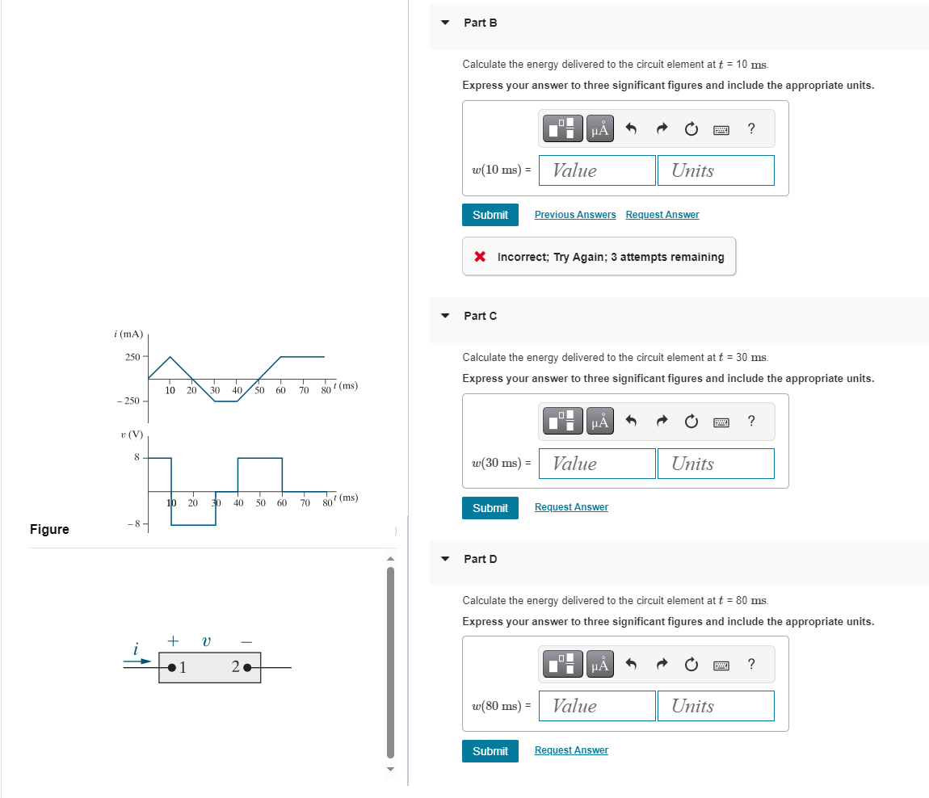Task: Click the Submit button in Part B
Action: pyautogui.click(x=490, y=215)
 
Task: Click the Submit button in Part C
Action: pyautogui.click(x=490, y=508)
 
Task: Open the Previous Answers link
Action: pyautogui.click(x=574, y=215)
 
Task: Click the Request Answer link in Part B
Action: pyautogui.click(x=662, y=215)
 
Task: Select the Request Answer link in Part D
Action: pyautogui.click(x=571, y=750)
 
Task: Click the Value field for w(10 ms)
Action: pyautogui.click(x=597, y=170)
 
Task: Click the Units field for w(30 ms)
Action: pyautogui.click(x=715, y=464)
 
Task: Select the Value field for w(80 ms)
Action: pyautogui.click(x=597, y=706)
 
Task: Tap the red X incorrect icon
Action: pyautogui.click(x=480, y=257)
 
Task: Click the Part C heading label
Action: pyautogui.click(x=480, y=316)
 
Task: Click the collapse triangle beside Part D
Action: pyautogui.click(x=445, y=559)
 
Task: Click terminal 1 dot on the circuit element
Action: pyautogui.click(x=172, y=667)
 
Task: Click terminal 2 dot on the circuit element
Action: pyautogui.click(x=247, y=667)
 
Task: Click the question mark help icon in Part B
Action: pyautogui.click(x=751, y=128)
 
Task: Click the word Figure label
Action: pyautogui.click(x=49, y=529)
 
